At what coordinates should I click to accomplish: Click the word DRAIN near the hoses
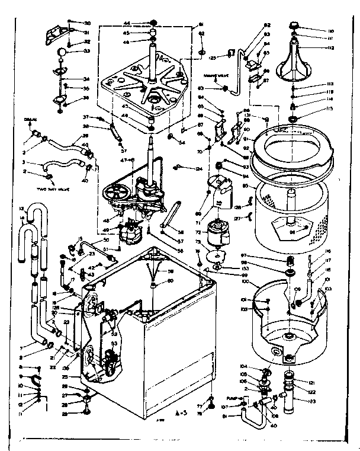pyautogui.click(x=32, y=120)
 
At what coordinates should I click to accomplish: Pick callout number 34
pyautogui.click(x=86, y=79)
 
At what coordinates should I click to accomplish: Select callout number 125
pyautogui.click(x=211, y=57)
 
